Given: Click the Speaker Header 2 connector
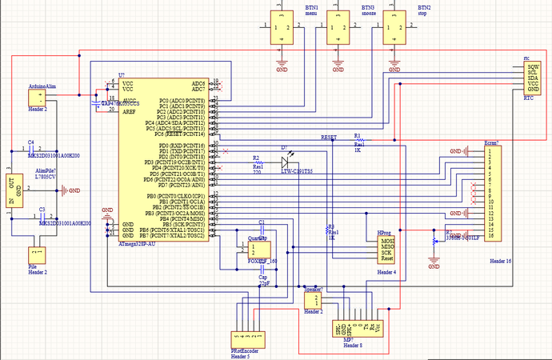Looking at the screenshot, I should (314, 301).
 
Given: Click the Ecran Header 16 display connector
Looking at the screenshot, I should (493, 192).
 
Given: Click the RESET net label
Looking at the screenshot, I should (329, 138).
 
